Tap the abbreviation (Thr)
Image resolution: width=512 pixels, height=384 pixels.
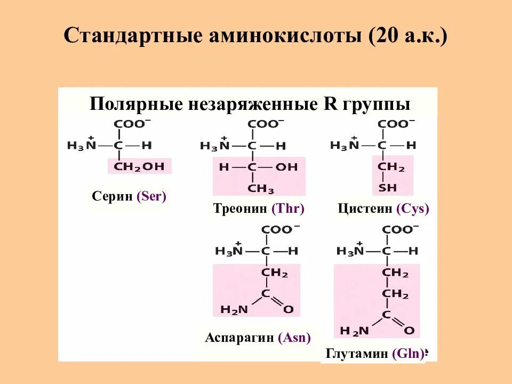tap(287, 209)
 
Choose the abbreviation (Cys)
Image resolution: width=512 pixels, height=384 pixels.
tap(413, 209)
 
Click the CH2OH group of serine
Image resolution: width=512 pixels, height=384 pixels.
tap(140, 166)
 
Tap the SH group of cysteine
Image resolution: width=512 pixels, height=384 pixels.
tap(388, 188)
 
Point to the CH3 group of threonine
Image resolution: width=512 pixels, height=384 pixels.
tap(261, 189)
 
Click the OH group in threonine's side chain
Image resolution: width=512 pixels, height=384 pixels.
tap(286, 167)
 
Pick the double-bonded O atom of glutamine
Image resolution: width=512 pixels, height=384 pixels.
tap(409, 331)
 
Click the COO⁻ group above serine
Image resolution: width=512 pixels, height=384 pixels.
tap(132, 124)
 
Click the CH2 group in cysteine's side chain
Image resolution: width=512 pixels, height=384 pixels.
tap(391, 167)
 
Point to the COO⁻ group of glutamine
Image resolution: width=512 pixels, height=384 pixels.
tap(401, 229)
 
